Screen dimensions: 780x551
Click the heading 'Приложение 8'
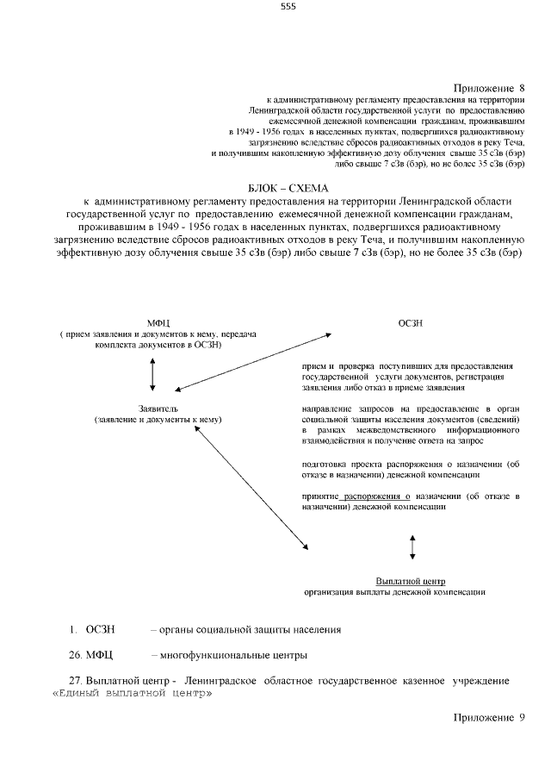488,88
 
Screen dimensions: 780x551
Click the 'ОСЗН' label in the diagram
411,321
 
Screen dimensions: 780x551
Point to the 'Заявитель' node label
158,407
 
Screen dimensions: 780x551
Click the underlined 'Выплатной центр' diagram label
411,580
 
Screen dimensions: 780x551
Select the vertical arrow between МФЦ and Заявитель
152,372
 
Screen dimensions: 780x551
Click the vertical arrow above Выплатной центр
412,547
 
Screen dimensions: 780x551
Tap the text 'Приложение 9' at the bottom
488,717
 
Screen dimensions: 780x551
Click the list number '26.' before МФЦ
75,655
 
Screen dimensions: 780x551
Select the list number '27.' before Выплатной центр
75,681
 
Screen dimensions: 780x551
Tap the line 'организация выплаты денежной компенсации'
395,593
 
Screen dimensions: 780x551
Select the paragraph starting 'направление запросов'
411,422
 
